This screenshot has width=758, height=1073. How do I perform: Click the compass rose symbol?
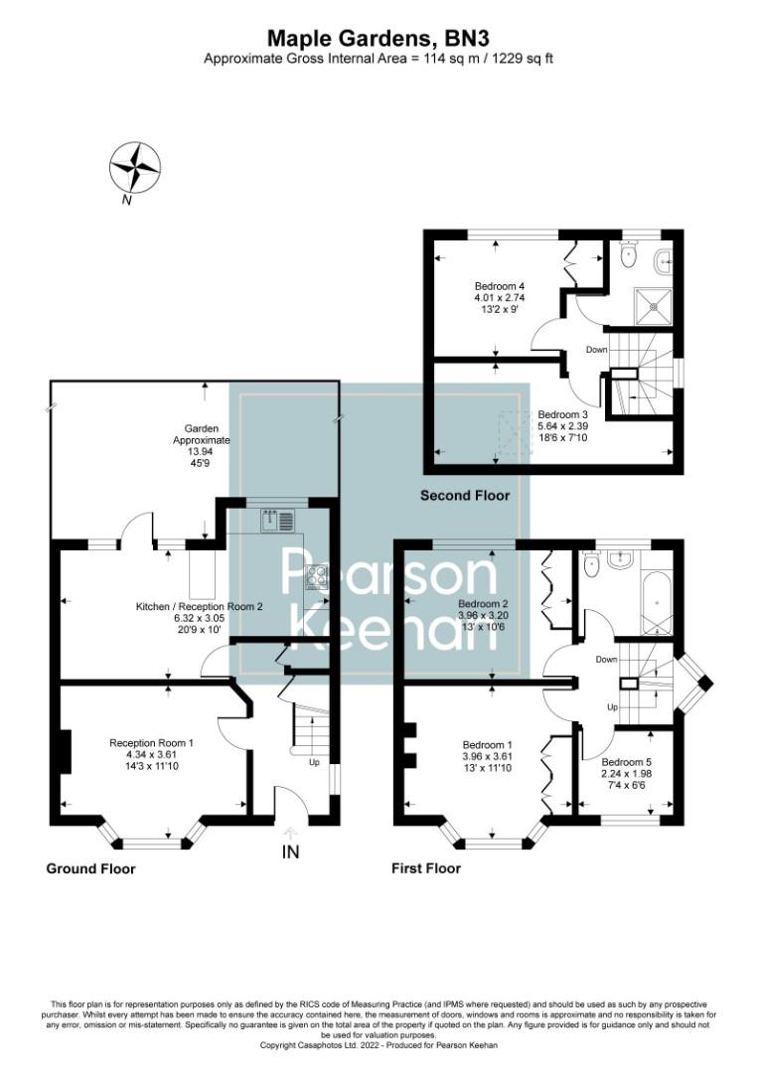point(135,166)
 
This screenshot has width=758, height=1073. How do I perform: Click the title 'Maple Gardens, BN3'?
point(379,38)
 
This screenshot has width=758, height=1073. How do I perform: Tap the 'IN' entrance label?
point(290,851)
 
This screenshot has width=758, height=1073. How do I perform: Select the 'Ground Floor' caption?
point(90,868)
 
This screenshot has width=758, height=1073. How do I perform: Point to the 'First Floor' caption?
point(427,868)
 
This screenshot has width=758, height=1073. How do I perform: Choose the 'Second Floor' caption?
point(465,495)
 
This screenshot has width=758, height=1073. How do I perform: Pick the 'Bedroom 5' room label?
point(627,761)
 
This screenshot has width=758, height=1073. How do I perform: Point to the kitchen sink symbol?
point(278,519)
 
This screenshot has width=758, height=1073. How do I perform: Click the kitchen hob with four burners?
point(317,576)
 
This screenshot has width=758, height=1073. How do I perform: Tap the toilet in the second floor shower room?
point(626,256)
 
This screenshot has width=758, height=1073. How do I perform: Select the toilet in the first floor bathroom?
point(592,564)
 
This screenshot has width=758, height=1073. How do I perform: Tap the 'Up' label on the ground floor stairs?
point(314,763)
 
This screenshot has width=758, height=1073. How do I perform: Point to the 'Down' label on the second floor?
point(597,350)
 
